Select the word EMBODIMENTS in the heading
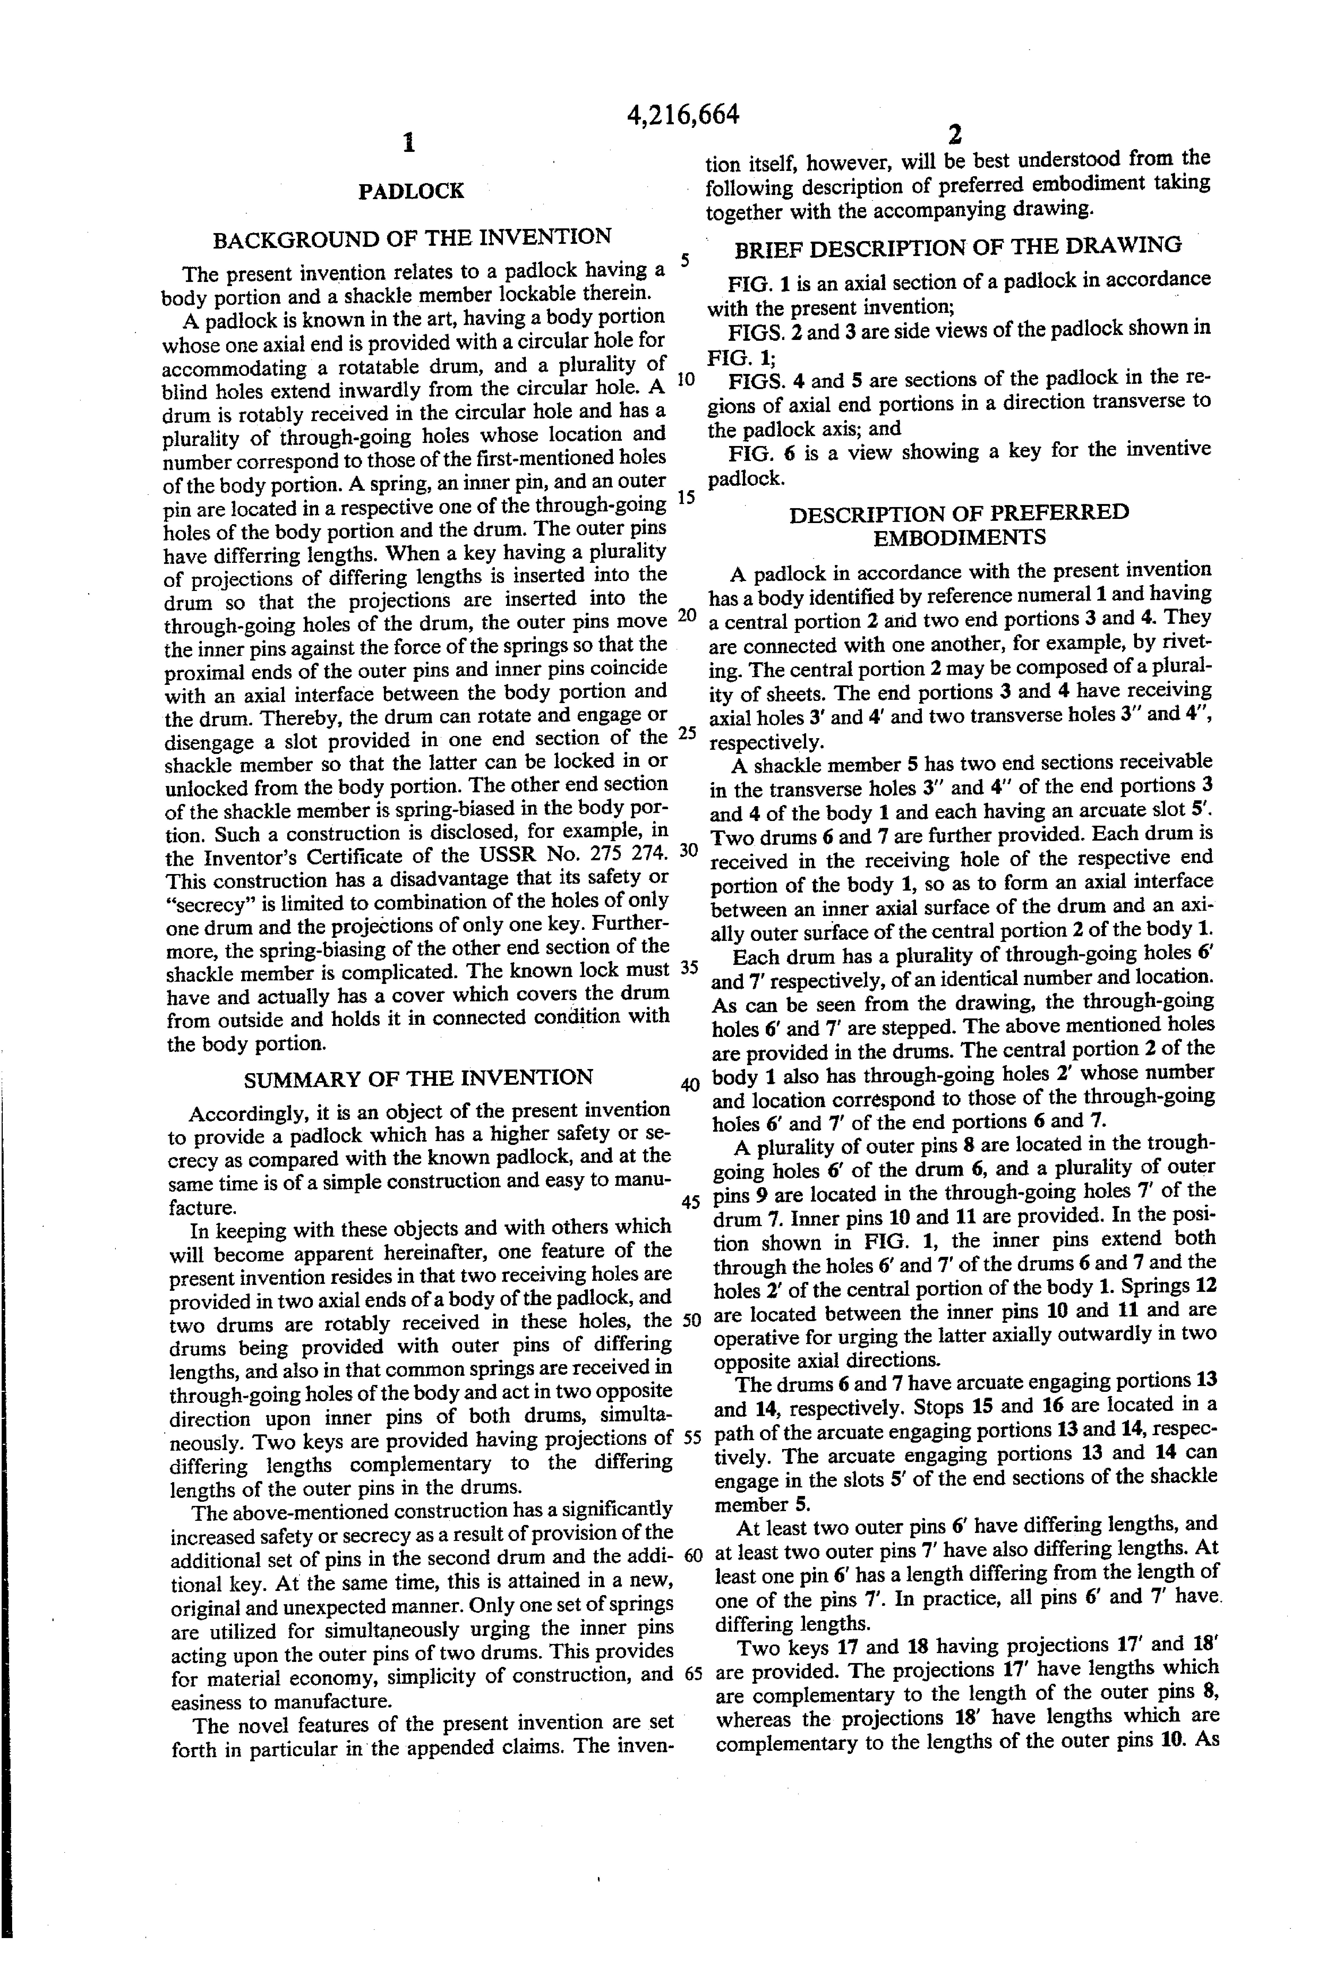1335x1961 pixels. click(959, 537)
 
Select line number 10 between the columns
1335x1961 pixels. click(686, 378)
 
